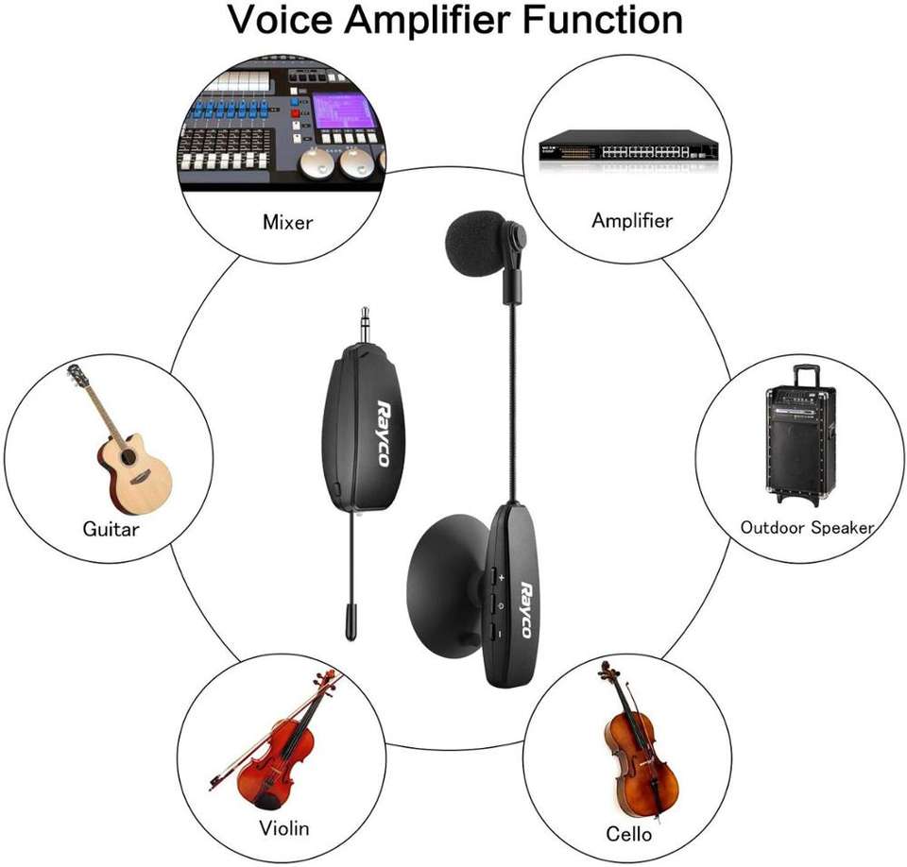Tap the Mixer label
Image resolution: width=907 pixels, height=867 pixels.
tap(287, 224)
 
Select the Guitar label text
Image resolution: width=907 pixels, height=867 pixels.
tap(111, 529)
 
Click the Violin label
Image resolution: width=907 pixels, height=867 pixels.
tap(283, 828)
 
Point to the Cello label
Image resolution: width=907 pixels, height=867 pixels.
tap(628, 833)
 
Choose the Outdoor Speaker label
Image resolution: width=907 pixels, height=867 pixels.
tap(807, 527)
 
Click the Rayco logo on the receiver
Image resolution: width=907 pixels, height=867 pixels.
tap(384, 431)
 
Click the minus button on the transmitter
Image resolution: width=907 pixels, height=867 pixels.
tap(498, 628)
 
